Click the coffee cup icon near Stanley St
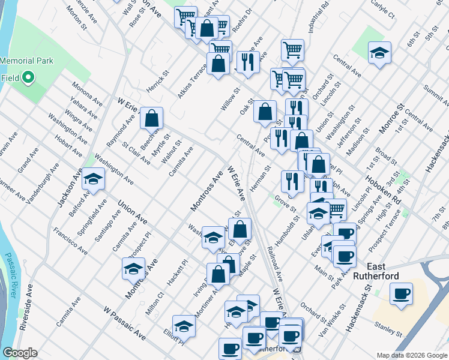(x=401, y=294)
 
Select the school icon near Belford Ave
(x=93, y=178)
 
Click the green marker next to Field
(x=28, y=78)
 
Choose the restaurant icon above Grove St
(x=292, y=181)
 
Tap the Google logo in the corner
(x=19, y=353)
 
